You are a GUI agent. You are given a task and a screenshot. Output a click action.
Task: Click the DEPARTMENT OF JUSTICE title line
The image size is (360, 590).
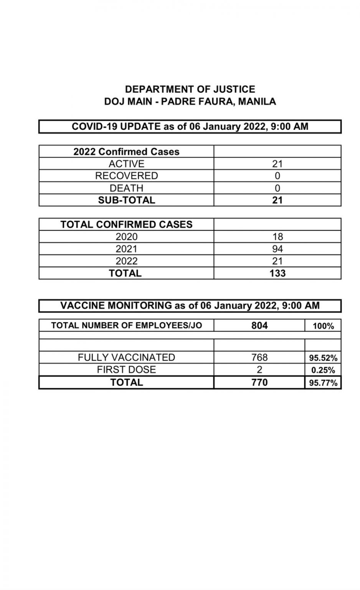tap(190, 89)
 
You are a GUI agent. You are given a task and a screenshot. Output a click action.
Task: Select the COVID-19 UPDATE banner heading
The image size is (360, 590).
tap(190, 127)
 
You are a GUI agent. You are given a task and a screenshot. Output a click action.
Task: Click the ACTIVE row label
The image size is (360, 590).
tap(126, 164)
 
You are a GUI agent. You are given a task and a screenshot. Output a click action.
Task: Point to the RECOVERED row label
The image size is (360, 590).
tap(126, 176)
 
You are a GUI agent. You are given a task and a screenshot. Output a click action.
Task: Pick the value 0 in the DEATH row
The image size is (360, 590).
tap(277, 188)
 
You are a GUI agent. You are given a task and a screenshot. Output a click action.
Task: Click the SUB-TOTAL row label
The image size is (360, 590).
tap(126, 200)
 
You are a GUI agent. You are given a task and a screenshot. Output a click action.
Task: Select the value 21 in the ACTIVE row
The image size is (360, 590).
tap(277, 164)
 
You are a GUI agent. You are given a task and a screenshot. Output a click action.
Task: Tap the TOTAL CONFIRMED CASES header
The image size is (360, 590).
tap(126, 225)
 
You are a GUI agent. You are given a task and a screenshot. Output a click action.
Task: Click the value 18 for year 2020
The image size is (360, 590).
tap(277, 237)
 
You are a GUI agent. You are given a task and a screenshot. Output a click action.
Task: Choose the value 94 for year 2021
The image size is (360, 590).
tap(277, 249)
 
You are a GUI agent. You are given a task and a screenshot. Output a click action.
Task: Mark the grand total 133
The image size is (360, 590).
tap(277, 273)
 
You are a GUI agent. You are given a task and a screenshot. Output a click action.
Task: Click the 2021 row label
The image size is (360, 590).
tap(126, 249)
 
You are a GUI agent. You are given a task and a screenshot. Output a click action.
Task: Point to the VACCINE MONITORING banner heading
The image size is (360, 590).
tap(190, 306)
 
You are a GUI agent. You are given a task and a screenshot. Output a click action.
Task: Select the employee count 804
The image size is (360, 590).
tap(259, 326)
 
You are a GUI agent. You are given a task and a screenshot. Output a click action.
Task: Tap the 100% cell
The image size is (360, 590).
tap(323, 326)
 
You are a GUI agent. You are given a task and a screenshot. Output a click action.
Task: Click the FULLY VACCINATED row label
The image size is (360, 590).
tap(126, 357)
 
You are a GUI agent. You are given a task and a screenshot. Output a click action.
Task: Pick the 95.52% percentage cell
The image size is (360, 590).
tap(323, 358)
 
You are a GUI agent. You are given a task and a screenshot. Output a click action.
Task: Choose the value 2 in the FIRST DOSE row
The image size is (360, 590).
tap(259, 370)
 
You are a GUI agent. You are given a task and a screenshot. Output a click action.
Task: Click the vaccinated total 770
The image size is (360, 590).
tap(259, 382)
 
